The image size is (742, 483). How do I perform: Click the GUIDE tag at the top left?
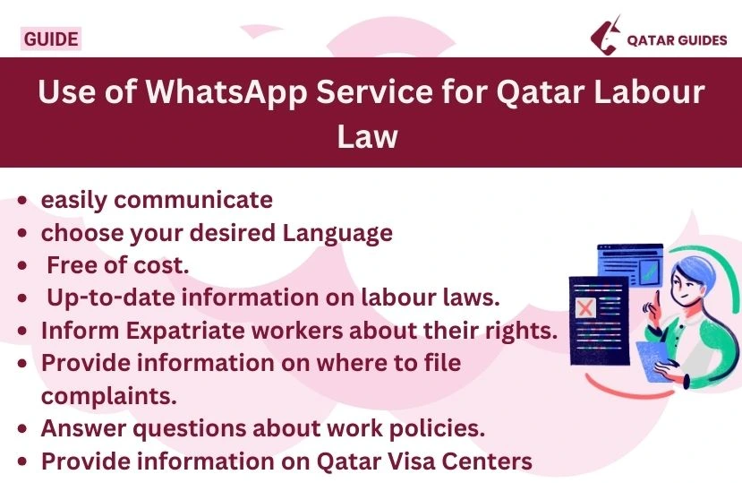coord(50,39)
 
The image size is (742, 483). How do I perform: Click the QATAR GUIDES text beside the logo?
coord(677,40)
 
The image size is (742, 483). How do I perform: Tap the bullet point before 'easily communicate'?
coord(25,201)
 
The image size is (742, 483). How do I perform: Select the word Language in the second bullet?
coord(337,233)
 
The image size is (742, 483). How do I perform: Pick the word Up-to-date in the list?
coord(107,298)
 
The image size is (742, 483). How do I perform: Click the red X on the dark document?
coord(585,309)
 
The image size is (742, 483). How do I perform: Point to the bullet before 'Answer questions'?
coord(25,428)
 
